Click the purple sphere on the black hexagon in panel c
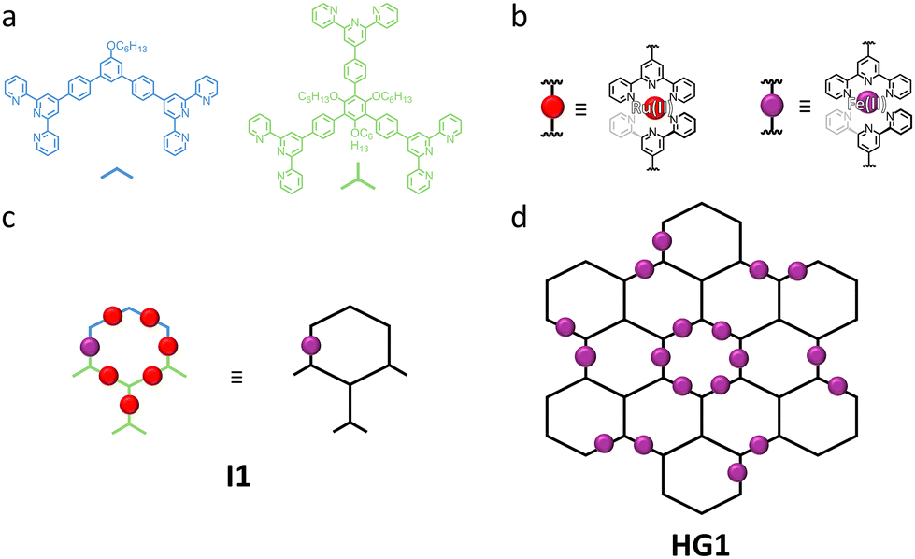click(310, 346)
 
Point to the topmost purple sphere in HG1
click(662, 240)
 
